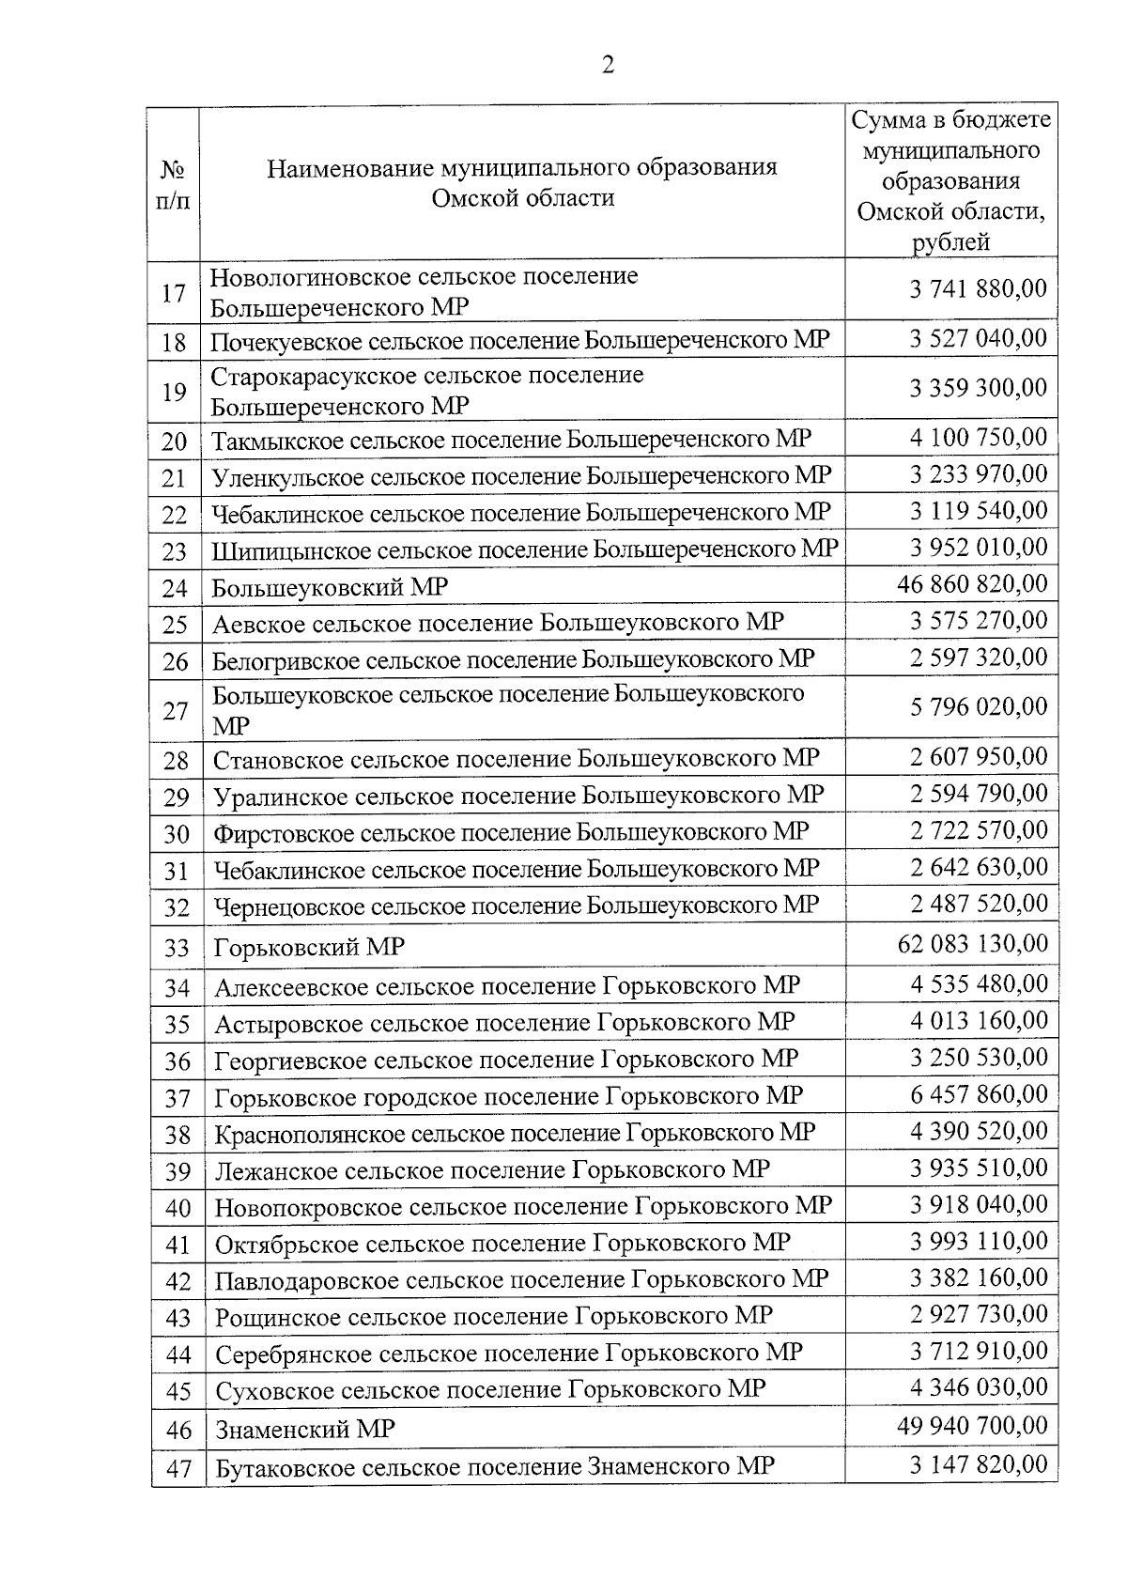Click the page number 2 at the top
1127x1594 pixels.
point(608,65)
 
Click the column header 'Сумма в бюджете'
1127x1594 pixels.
point(950,120)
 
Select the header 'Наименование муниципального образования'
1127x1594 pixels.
point(522,168)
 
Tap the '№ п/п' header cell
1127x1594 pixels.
point(173,184)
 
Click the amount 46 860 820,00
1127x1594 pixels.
point(972,584)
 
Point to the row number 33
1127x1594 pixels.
point(177,948)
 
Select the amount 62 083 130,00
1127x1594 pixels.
point(972,943)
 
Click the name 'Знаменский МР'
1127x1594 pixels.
point(305,1430)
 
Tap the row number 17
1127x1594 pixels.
point(174,293)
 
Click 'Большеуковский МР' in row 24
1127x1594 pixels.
point(330,588)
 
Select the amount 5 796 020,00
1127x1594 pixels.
point(978,706)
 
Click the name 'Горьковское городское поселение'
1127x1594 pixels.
point(406,1097)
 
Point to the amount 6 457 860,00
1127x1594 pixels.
point(978,1094)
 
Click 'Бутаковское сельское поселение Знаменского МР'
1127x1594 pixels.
point(495,1466)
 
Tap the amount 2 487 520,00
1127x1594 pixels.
point(978,904)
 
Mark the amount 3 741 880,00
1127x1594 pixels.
point(978,288)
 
